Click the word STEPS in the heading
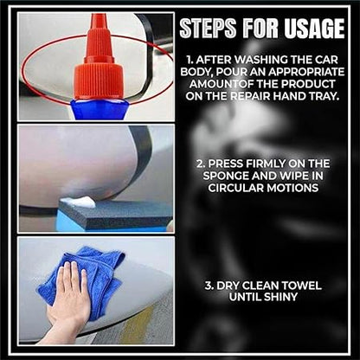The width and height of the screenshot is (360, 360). click(x=209, y=28)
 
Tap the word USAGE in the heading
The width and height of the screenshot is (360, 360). click(x=314, y=28)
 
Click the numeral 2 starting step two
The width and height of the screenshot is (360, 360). click(x=200, y=164)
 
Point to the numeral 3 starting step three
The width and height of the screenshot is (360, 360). click(x=209, y=286)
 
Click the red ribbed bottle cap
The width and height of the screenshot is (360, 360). click(x=99, y=81)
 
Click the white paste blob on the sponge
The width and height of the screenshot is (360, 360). click(x=79, y=202)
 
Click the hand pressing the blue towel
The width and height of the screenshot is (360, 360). click(x=69, y=300)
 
